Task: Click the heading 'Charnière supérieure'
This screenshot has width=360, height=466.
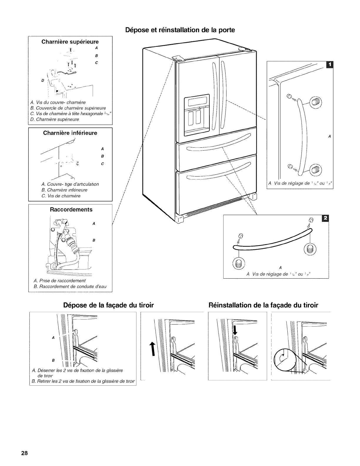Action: (x=70, y=41)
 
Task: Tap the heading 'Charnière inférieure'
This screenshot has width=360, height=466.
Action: (x=70, y=133)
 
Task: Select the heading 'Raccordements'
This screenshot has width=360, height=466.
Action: (x=71, y=209)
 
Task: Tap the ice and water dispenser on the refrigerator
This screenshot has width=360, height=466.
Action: (x=196, y=116)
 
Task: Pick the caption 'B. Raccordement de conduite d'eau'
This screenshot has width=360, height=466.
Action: (x=70, y=286)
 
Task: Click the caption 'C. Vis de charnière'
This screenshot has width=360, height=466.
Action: (x=61, y=196)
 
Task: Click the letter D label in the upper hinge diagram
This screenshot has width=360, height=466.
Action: (x=43, y=80)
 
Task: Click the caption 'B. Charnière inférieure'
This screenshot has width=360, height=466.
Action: (x=64, y=190)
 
